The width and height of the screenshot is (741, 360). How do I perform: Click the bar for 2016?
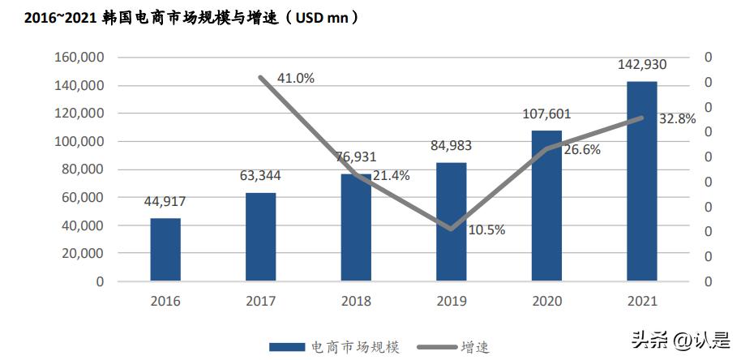(x=165, y=250)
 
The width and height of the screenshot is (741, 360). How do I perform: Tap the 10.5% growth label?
(x=486, y=229)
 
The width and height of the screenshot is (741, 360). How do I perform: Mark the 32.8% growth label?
(x=677, y=118)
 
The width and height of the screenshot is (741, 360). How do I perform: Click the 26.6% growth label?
(x=581, y=149)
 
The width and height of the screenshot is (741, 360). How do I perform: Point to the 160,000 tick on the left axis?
(x=79, y=58)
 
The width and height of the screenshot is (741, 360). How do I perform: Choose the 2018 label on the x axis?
(x=356, y=301)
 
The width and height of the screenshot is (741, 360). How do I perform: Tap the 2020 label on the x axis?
(x=546, y=301)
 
